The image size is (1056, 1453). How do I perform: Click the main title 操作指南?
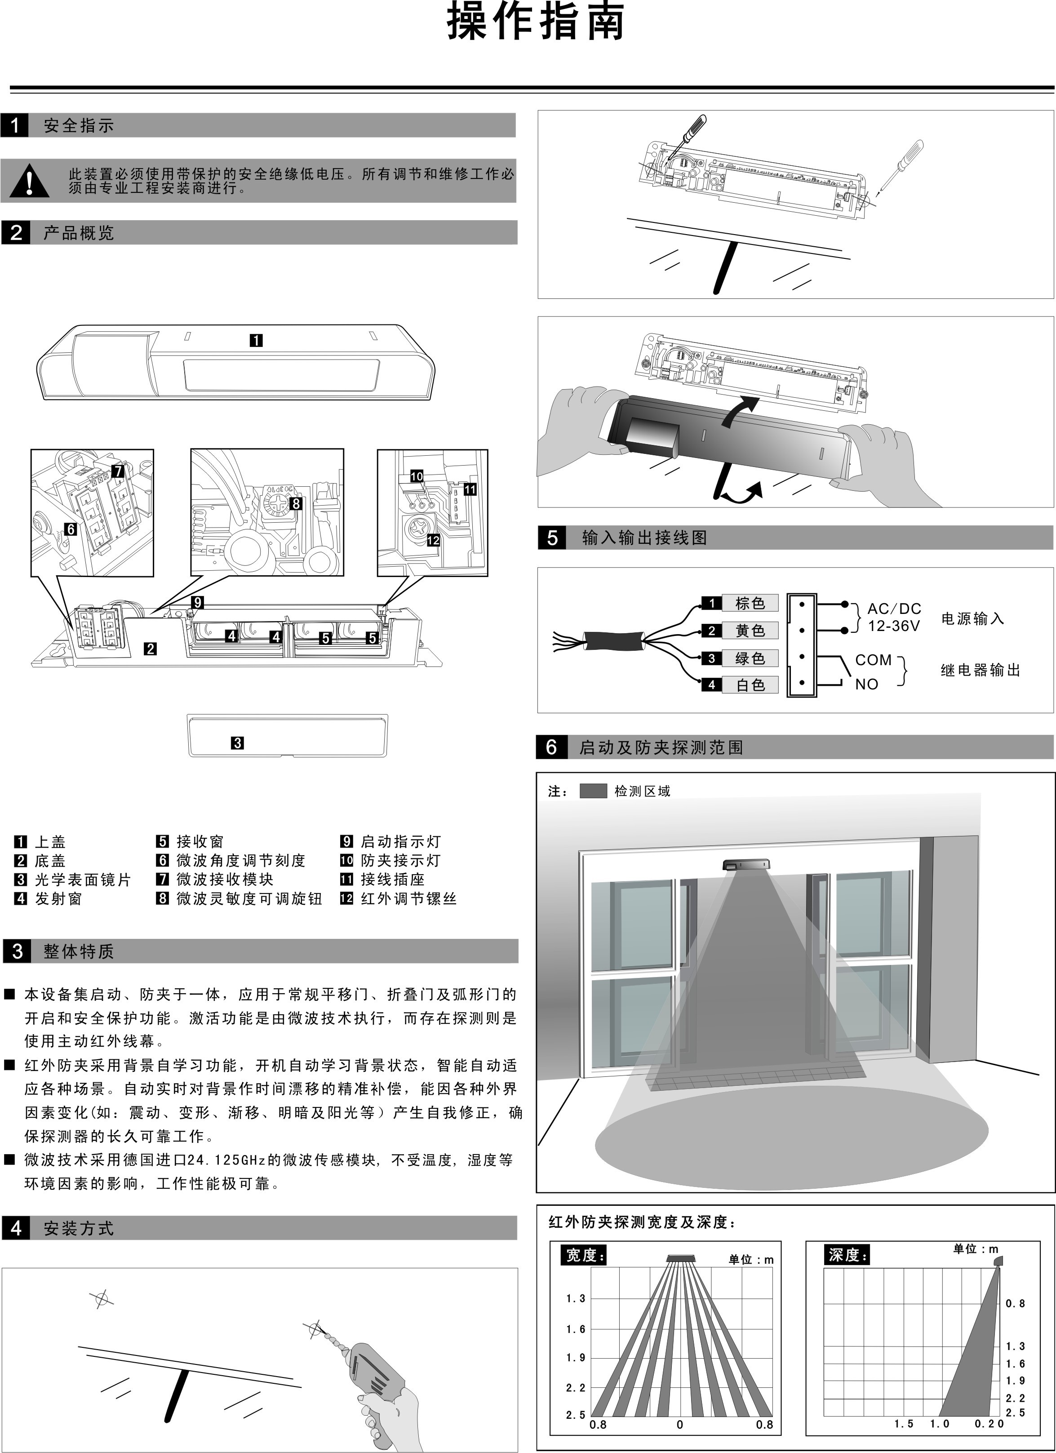coord(535,23)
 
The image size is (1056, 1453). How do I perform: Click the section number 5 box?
coord(552,538)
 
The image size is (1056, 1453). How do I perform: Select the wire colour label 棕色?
coord(750,603)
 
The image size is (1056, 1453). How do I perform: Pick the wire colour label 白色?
coord(750,685)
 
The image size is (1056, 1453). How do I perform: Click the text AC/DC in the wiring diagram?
coord(894,609)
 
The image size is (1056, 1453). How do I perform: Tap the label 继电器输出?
coord(980,671)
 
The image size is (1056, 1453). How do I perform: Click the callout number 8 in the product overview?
coord(296,503)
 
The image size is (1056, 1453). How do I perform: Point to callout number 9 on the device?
coord(198,602)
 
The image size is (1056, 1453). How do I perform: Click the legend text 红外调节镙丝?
coord(408,899)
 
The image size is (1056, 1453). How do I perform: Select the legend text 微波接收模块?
coord(225,880)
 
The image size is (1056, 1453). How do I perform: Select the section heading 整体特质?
coord(78,951)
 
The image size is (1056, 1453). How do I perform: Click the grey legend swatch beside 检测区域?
coord(593,791)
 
